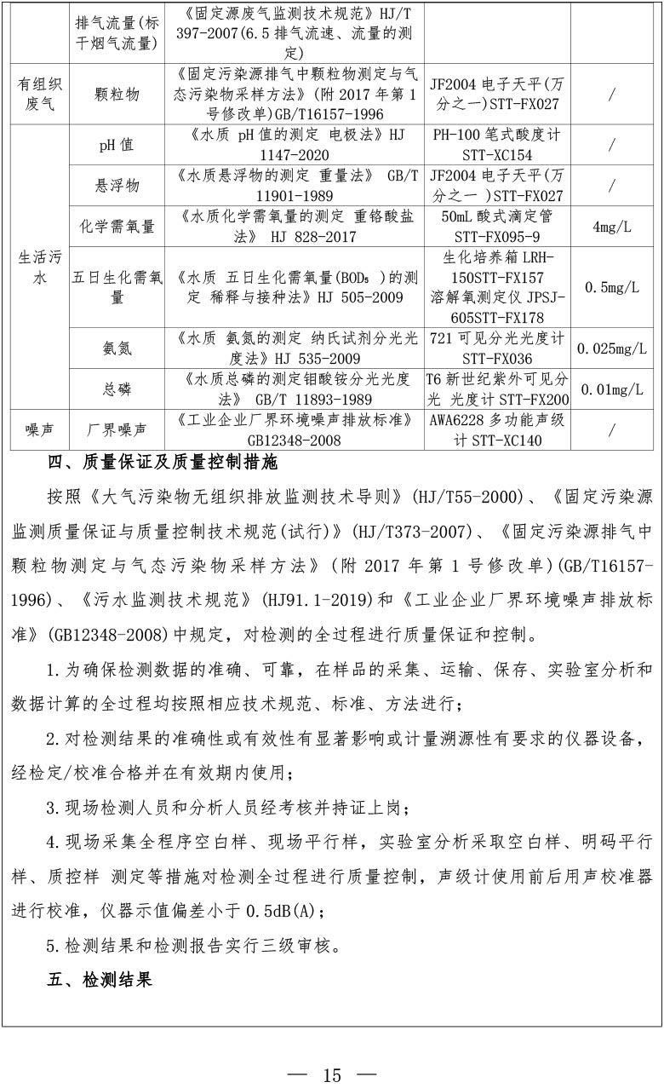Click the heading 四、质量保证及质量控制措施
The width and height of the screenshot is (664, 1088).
point(162,464)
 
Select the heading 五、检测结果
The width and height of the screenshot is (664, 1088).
point(100,981)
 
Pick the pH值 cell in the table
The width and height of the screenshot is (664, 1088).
point(117,145)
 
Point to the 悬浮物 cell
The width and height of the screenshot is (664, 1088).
point(117,185)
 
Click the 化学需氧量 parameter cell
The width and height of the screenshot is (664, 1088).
point(117,227)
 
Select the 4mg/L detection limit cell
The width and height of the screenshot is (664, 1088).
point(611,227)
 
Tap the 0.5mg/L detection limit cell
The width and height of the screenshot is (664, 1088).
point(611,287)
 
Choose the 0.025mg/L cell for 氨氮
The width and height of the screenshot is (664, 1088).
point(611,348)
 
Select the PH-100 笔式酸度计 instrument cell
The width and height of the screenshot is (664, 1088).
point(496,145)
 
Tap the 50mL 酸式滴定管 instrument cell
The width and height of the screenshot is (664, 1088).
point(496,227)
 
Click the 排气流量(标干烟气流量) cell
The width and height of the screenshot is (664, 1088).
point(117,32)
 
